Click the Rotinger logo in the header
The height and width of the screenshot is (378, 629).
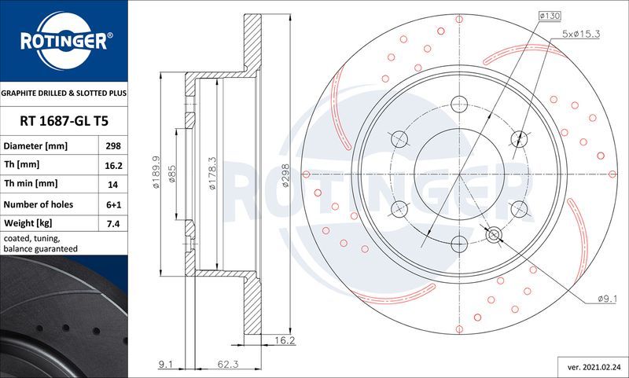(63, 40)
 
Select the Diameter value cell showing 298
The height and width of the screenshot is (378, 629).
(112, 147)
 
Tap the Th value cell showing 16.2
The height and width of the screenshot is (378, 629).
(112, 165)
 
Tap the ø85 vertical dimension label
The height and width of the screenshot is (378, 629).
(171, 174)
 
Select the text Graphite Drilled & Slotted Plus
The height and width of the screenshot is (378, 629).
(63, 93)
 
